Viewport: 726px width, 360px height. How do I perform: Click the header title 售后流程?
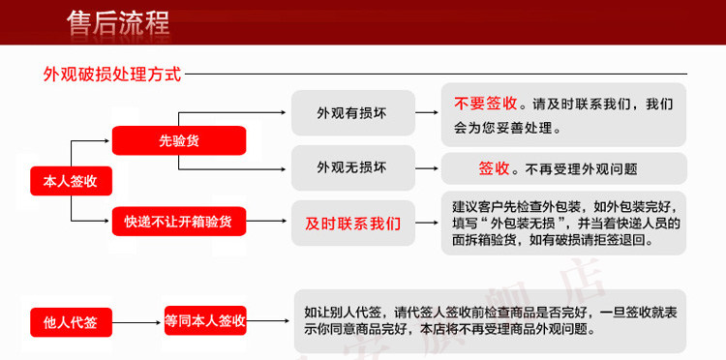coord(118,22)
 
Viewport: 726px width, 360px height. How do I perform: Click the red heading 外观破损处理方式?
coord(112,75)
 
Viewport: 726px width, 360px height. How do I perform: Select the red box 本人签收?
coord(71,181)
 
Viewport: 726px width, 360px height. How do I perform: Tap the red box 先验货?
coord(179,140)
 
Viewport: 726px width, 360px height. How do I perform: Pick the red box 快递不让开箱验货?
coord(179,222)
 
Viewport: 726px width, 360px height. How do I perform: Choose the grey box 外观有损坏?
coord(352,113)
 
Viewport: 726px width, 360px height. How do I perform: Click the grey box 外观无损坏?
coord(352,167)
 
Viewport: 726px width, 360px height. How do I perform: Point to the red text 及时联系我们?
coord(352,224)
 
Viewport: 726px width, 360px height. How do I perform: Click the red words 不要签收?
coord(485,104)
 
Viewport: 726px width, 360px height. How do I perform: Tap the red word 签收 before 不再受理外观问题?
coord(494,169)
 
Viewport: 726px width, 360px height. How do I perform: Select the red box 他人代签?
coord(71,322)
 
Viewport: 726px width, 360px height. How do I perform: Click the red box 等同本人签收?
coord(205,320)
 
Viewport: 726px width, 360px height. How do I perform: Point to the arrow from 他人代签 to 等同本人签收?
coord(136,322)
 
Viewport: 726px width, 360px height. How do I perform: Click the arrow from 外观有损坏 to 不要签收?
coord(427,112)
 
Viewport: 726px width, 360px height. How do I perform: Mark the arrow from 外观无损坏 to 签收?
coord(427,169)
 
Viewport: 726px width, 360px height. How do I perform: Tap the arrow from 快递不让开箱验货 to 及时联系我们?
coord(267,222)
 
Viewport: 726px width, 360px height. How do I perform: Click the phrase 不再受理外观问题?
coord(581,169)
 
